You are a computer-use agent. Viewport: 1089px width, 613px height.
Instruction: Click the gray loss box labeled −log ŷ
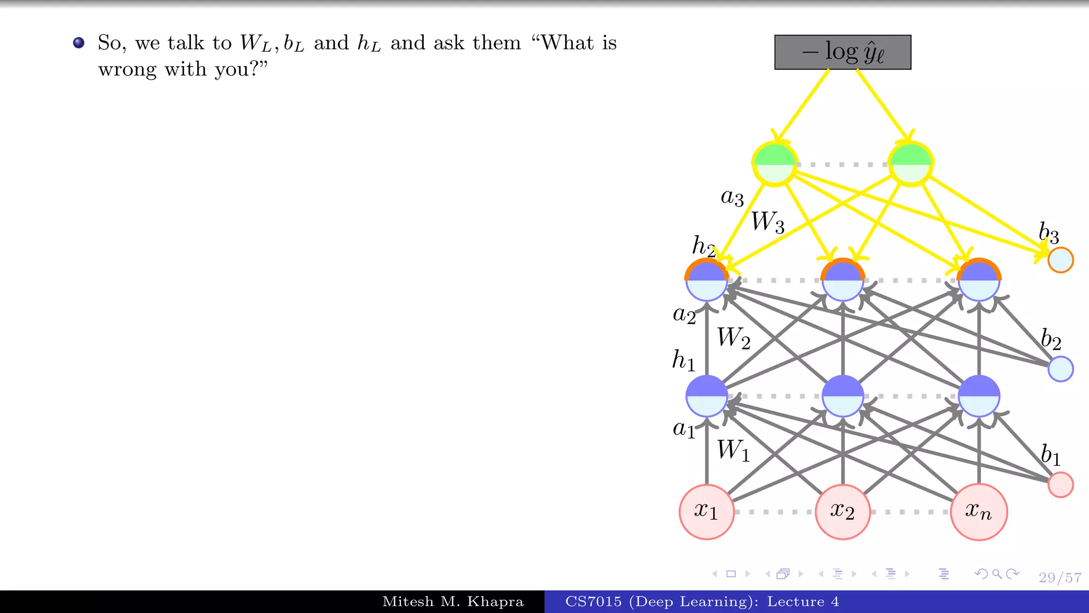tap(842, 52)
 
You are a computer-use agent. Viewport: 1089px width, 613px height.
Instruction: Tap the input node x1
tap(707, 512)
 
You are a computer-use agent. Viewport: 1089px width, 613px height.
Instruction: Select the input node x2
tap(843, 512)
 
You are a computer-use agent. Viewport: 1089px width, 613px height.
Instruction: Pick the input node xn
tap(978, 512)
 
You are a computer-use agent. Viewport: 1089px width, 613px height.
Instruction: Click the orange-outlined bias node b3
tap(1060, 260)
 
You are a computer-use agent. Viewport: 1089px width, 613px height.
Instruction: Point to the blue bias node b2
tap(1060, 369)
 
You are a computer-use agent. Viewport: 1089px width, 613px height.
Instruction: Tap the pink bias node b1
tap(1060, 485)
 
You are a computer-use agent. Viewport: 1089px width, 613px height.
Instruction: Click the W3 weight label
tap(767, 221)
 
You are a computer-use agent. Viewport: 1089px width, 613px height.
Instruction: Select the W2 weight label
tap(733, 338)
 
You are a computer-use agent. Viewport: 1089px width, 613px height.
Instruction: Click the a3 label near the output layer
tap(732, 197)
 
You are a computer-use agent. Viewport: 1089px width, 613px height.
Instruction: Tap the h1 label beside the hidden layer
tap(684, 360)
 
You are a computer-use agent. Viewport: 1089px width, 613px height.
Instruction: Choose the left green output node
tap(775, 164)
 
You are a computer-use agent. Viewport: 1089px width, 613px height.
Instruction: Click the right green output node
tap(911, 164)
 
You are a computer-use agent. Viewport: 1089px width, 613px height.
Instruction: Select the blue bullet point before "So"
tap(79, 43)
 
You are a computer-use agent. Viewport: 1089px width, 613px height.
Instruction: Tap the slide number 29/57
tap(1060, 578)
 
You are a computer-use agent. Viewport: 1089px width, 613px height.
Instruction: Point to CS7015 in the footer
tap(593, 602)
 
